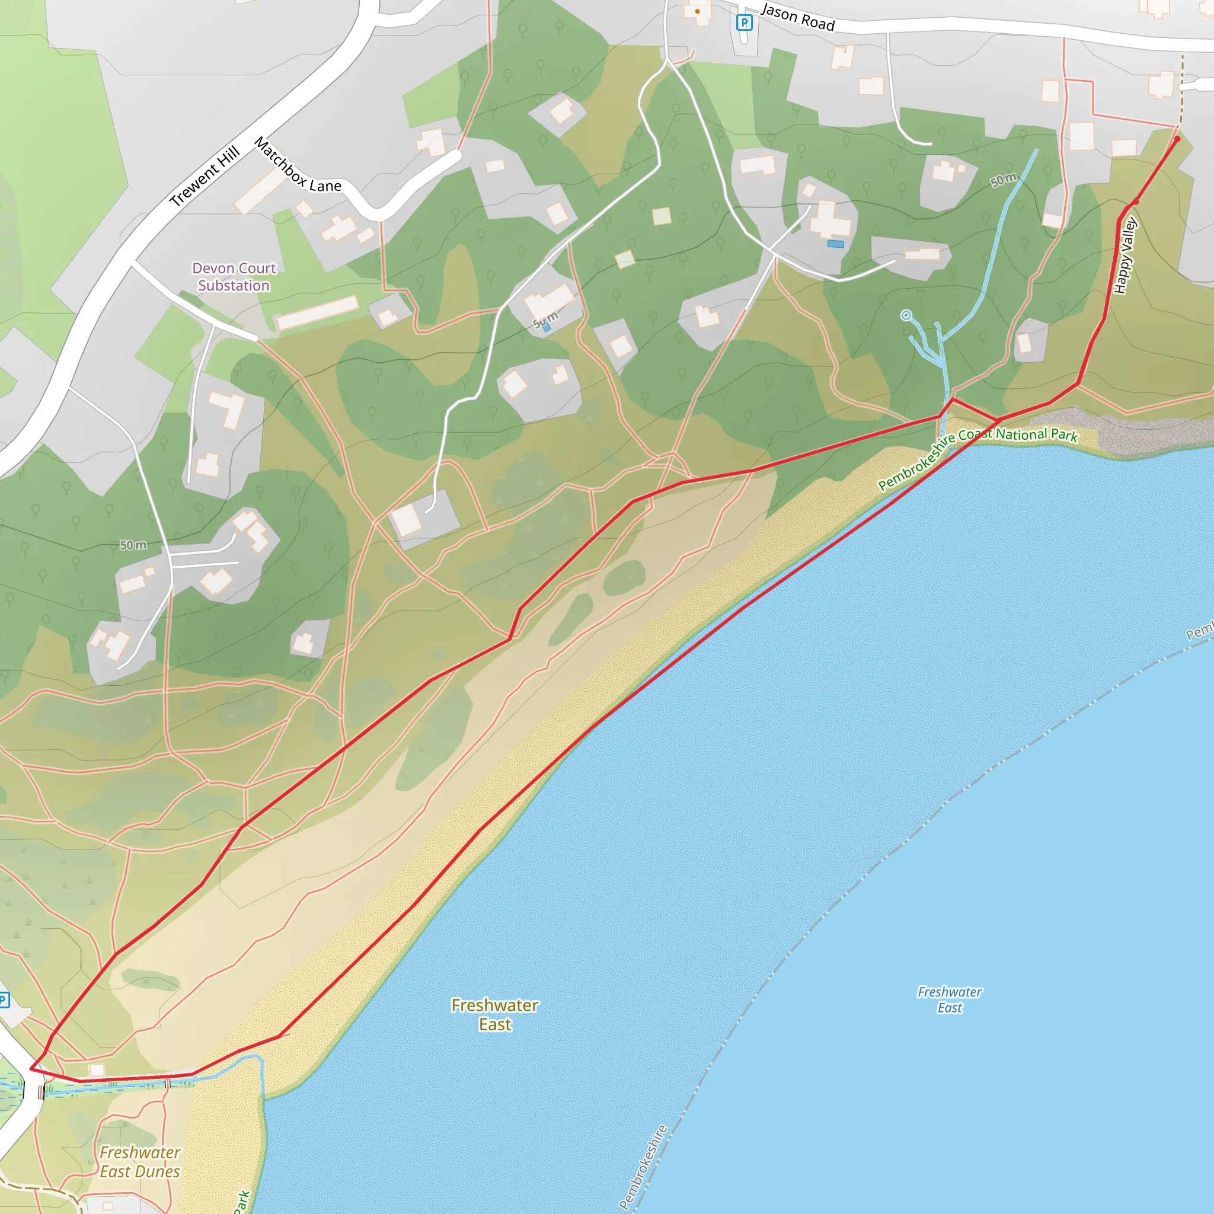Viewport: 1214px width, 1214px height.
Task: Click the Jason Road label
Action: (x=797, y=17)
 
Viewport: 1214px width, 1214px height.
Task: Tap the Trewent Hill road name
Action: (x=205, y=176)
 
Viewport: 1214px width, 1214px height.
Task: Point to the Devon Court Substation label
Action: (x=234, y=276)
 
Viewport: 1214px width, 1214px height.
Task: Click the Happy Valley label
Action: (x=1124, y=255)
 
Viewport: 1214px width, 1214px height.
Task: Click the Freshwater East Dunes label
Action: (x=139, y=1162)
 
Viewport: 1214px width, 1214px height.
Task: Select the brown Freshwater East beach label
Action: (x=494, y=1014)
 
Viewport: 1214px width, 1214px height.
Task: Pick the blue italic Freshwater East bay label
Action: (x=950, y=999)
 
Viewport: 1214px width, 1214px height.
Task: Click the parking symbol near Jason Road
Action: (x=744, y=23)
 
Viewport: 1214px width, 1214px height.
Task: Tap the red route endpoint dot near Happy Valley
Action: (x=1177, y=139)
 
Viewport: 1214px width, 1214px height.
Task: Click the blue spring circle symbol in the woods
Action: (x=906, y=315)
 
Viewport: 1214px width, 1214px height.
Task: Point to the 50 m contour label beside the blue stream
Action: (x=1004, y=180)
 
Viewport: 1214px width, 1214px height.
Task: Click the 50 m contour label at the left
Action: (x=133, y=545)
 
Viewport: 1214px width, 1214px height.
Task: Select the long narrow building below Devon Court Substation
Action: (x=317, y=312)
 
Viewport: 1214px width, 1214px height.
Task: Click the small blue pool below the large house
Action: (x=835, y=244)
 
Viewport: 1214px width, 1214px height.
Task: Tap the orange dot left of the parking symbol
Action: (x=698, y=11)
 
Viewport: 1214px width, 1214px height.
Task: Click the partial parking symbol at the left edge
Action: (x=4, y=1000)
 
